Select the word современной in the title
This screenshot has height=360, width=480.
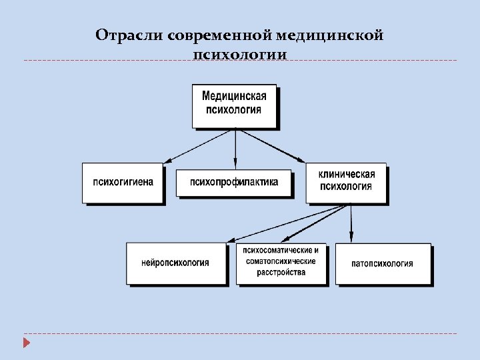(205, 35)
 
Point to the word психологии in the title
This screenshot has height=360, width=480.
(239, 54)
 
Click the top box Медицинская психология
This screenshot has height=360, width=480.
(234, 105)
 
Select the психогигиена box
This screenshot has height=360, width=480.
(123, 182)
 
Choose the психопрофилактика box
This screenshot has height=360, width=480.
(233, 182)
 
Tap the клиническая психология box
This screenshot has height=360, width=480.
(346, 182)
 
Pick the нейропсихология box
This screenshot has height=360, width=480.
(175, 263)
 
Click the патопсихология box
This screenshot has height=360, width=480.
(383, 263)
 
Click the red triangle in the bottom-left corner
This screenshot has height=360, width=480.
(26, 343)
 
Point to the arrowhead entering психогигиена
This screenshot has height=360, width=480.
(167, 161)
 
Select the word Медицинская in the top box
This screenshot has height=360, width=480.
(234, 97)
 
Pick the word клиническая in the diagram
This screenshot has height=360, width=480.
(347, 175)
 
